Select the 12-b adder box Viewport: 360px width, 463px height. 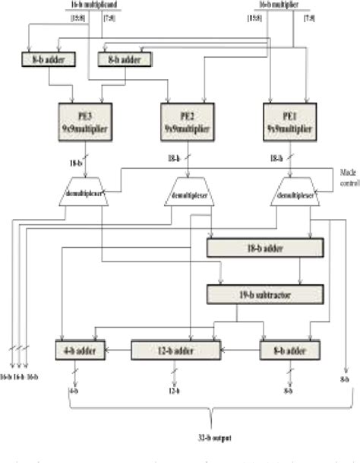pos(175,350)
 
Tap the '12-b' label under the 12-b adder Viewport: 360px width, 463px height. pos(174,392)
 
